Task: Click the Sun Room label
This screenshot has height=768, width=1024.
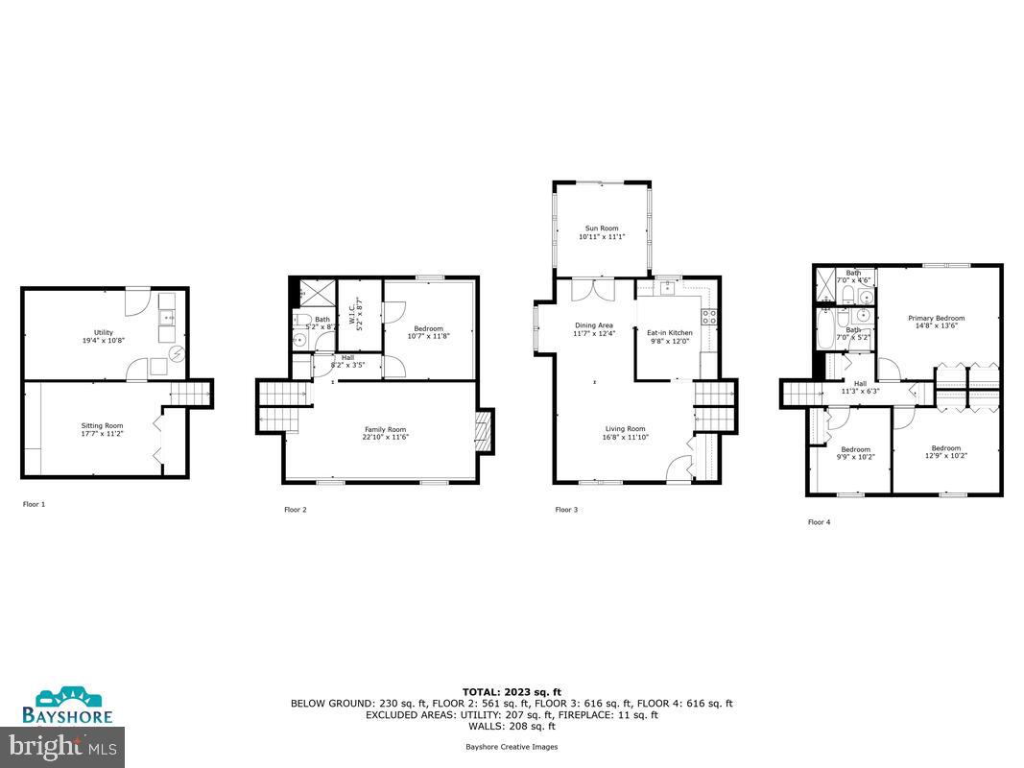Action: (602, 232)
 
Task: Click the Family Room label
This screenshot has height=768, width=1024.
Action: (385, 433)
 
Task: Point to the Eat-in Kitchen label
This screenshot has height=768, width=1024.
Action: (670, 336)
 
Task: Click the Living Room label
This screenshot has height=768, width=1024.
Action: (625, 433)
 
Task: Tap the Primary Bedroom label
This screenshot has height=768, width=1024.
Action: (937, 322)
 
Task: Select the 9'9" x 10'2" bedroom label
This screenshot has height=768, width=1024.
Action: (855, 452)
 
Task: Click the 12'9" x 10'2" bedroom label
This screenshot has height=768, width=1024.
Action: (945, 451)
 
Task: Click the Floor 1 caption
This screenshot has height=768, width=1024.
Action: (36, 503)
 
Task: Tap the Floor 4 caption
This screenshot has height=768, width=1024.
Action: (821, 522)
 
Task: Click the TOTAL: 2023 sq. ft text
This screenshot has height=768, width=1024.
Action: (512, 691)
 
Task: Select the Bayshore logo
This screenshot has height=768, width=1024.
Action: (68, 705)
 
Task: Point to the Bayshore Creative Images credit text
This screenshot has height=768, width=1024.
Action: (512, 746)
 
